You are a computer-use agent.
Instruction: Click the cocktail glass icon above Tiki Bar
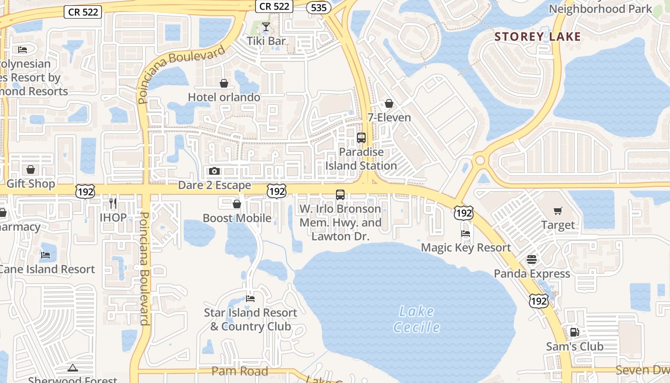pos(266,27)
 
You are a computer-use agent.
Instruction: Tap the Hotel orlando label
pos(224,97)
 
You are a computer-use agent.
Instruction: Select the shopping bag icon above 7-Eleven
pos(389,103)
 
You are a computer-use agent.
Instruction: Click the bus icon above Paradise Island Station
pos(361,138)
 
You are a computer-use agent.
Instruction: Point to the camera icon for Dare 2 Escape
pos(214,171)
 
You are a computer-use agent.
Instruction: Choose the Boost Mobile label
pos(237,218)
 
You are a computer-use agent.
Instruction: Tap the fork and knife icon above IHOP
pos(113,203)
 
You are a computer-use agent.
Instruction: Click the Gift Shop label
pos(31,184)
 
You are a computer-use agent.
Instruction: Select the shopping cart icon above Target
pos(558,211)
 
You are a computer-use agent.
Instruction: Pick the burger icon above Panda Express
pos(532,259)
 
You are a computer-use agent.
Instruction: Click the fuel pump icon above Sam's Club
pos(574,332)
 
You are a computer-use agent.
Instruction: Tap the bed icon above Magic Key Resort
pos(466,234)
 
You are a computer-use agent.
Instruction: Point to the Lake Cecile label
pos(416,319)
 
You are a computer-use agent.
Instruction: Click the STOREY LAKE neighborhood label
pos(537,37)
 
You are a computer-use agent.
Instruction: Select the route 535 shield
pos(319,7)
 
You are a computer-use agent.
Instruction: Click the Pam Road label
pos(240,372)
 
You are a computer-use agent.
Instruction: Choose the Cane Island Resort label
pos(47,269)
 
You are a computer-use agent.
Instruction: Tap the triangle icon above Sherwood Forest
pos(73,368)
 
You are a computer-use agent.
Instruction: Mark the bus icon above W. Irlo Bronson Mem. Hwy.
pos(340,195)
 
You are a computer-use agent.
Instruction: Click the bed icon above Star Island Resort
pos(250,299)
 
